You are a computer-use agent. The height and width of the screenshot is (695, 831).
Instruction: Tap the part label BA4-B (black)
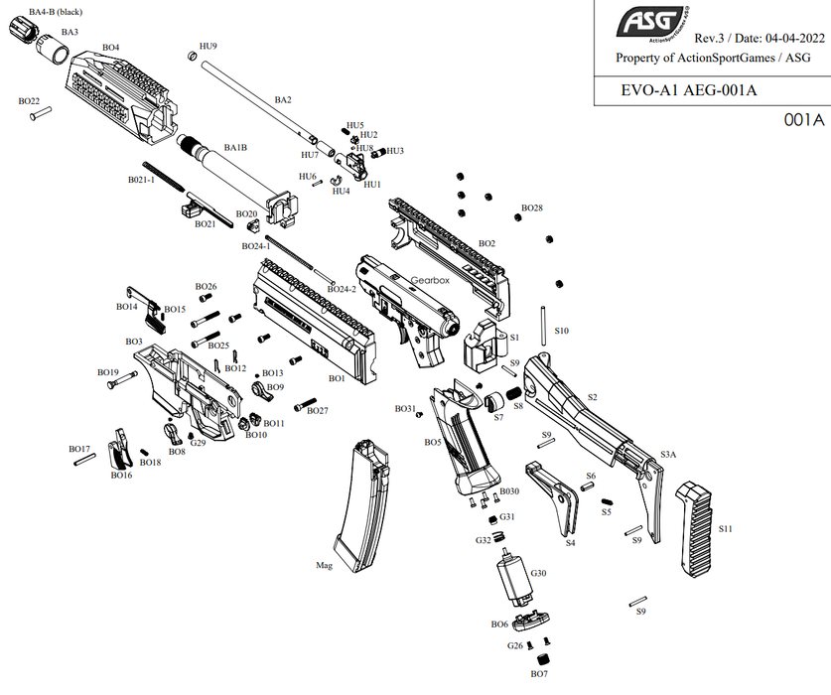pos(56,12)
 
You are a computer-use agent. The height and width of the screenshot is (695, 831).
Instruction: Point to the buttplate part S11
pos(702,529)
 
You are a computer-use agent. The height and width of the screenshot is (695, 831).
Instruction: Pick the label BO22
pos(29,101)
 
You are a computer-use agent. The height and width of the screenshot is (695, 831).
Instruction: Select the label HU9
pos(208,47)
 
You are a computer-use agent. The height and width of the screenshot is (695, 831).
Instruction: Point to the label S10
pos(561,331)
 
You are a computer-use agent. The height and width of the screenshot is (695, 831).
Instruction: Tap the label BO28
pos(532,208)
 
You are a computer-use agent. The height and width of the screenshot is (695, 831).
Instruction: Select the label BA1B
pos(235,148)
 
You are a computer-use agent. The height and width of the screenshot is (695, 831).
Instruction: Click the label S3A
pos(668,454)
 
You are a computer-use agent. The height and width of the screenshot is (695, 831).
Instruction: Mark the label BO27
pos(318,410)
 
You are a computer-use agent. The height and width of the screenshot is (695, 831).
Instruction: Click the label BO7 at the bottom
pos(539,674)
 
